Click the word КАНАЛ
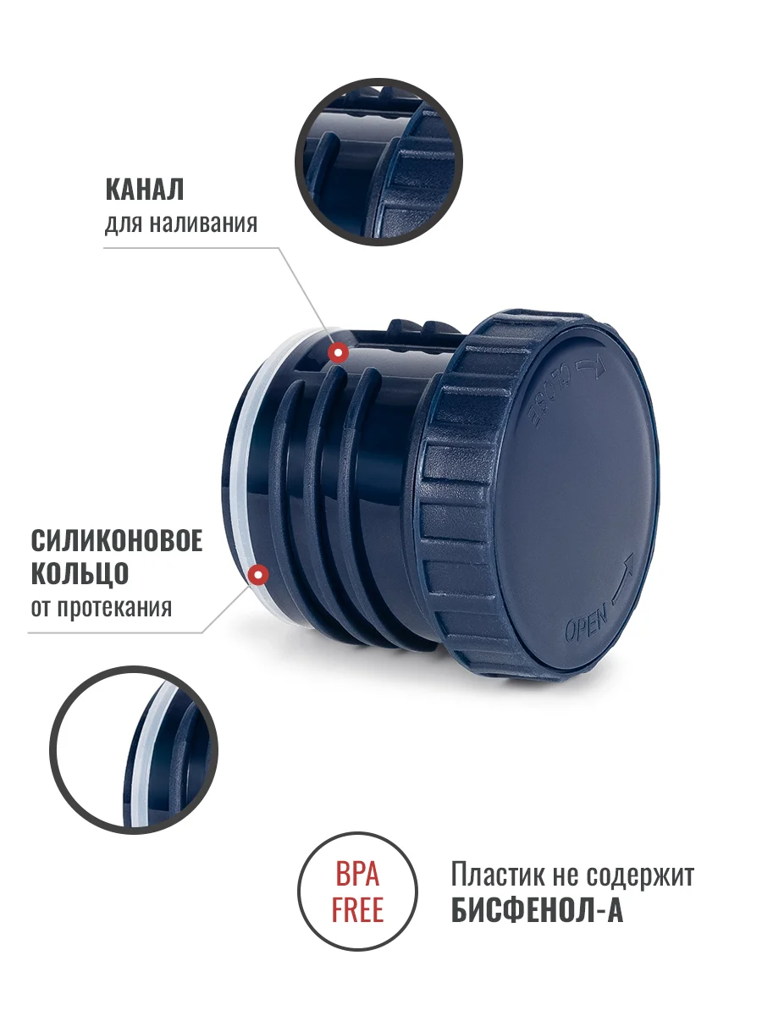point(144,189)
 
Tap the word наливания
point(203,224)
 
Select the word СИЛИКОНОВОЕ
point(117,540)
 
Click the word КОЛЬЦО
point(80,574)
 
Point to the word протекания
point(114,608)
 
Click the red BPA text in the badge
point(357,875)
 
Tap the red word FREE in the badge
point(357,909)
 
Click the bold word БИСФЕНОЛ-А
point(537,909)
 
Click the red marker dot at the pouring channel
point(338,353)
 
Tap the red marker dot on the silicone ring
point(258,574)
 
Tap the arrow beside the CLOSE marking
point(589,365)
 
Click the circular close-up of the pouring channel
point(378,162)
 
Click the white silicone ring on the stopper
point(240,472)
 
